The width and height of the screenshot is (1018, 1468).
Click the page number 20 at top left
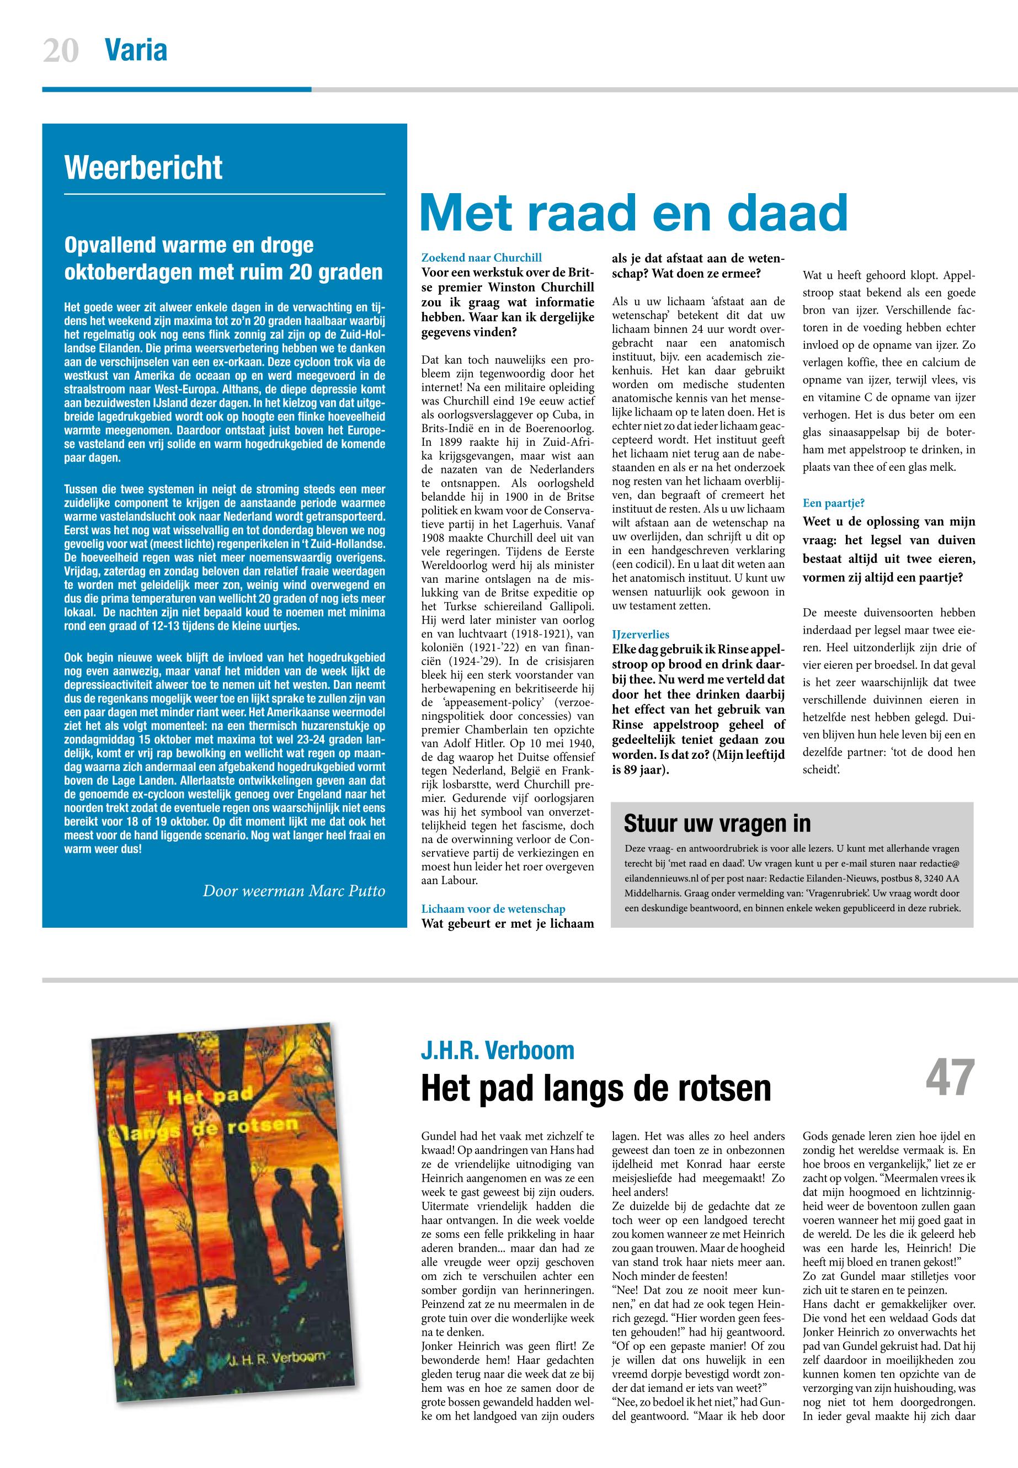(x=61, y=50)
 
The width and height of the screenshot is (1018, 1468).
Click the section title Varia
(x=136, y=50)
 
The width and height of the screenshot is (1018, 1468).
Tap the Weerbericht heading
(x=143, y=167)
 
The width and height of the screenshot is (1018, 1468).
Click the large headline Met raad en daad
(x=633, y=212)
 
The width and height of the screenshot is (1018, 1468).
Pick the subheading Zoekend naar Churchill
(x=482, y=258)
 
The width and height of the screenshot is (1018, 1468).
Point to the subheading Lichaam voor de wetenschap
(x=493, y=908)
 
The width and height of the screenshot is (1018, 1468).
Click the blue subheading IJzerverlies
(x=641, y=634)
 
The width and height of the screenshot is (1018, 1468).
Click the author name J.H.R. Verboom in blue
(x=498, y=1050)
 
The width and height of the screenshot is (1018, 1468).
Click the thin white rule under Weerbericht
(x=225, y=193)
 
